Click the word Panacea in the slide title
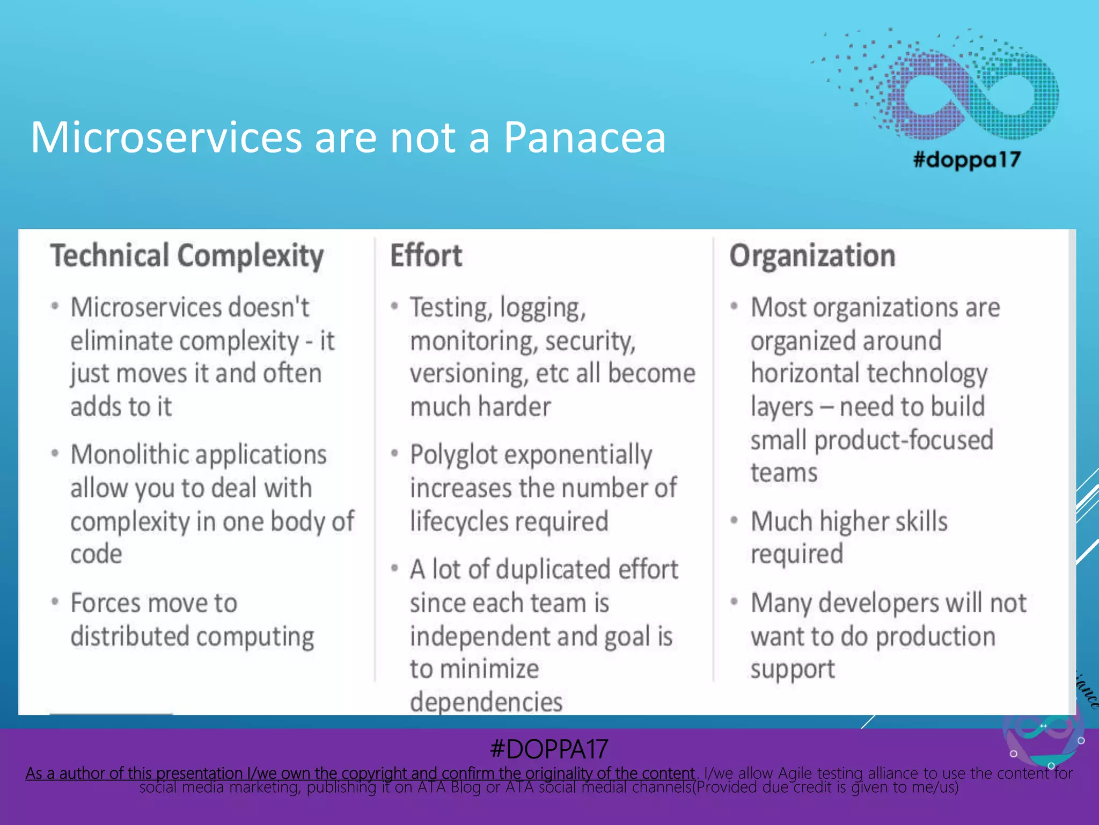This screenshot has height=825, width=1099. (584, 137)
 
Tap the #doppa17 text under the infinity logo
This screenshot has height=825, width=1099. (966, 160)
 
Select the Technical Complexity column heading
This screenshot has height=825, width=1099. (187, 256)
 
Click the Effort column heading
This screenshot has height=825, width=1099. (426, 256)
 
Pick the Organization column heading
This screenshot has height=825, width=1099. (812, 256)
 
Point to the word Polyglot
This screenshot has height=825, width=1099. (454, 455)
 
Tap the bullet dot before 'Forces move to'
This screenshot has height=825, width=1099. (55, 602)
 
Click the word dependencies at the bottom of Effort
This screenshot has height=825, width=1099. (486, 701)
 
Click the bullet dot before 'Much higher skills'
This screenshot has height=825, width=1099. (734, 520)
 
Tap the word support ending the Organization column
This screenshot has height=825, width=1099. (792, 669)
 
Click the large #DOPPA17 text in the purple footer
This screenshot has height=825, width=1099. (549, 749)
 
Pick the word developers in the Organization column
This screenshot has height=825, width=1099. (878, 603)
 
